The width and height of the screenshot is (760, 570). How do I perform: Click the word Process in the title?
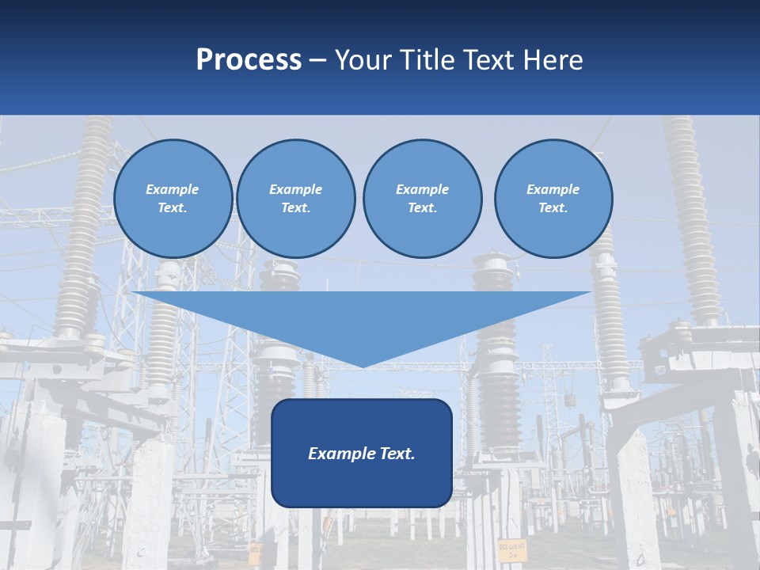[x=249, y=60]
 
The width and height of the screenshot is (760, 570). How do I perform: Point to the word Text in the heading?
[x=494, y=60]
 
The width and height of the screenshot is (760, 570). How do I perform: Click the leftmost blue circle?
[x=173, y=198]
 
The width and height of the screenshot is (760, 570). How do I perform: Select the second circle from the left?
[x=296, y=198]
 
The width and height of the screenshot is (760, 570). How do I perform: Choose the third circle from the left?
[x=422, y=198]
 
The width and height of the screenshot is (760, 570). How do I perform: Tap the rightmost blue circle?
[x=553, y=198]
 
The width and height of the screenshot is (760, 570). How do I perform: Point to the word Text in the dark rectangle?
[x=397, y=454]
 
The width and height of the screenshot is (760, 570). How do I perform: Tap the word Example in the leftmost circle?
[x=173, y=189]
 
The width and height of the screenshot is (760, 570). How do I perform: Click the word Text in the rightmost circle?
[x=553, y=207]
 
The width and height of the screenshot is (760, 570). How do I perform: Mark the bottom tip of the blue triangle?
[x=362, y=366]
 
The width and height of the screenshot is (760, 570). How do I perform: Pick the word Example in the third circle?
[x=422, y=189]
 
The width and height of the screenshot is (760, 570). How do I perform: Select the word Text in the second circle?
[x=296, y=207]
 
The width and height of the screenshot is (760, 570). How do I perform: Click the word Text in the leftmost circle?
[x=173, y=207]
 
